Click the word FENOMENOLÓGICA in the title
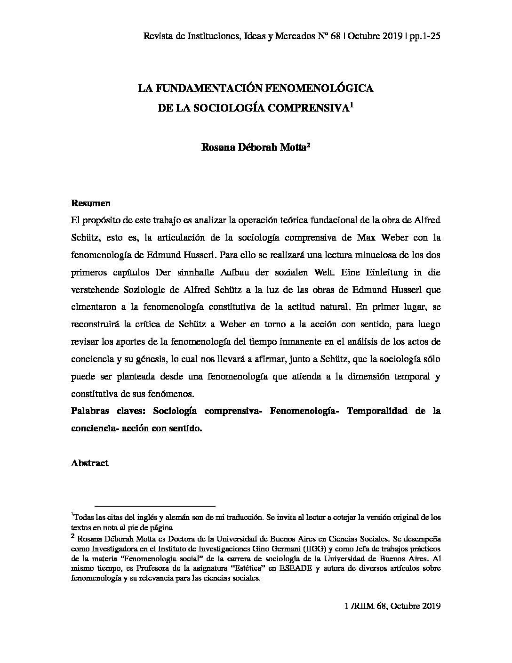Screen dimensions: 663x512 [x=320, y=88]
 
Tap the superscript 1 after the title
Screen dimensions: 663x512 [x=352, y=105]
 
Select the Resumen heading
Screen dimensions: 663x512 [x=90, y=203]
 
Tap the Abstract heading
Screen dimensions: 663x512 [x=89, y=463]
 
